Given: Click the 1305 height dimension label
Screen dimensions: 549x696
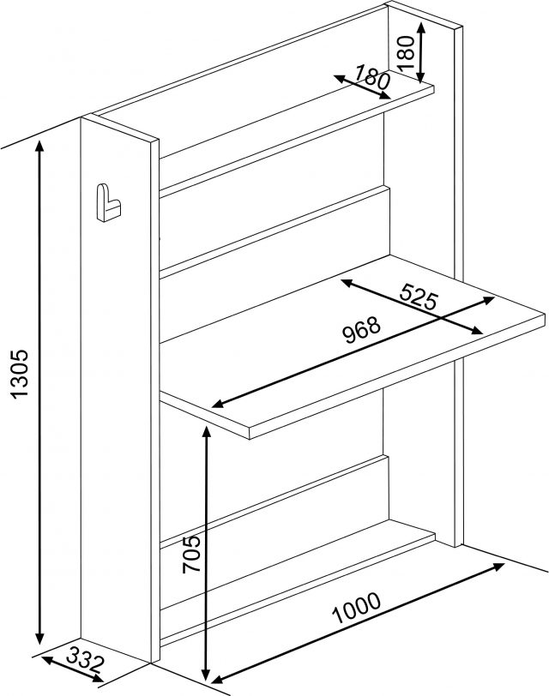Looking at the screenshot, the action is [x=20, y=374].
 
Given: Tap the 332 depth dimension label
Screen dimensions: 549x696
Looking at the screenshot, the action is [x=85, y=662].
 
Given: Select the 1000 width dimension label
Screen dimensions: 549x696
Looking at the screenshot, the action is [x=357, y=608].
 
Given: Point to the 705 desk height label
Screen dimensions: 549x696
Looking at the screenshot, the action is [x=191, y=554].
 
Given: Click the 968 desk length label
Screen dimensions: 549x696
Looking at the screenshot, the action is [x=363, y=330].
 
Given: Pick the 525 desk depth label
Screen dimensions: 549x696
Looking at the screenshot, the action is [x=419, y=297].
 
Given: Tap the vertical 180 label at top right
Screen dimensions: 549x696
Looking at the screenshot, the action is [x=406, y=53].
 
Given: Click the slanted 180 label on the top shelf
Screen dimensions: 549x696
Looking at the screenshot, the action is [x=372, y=77].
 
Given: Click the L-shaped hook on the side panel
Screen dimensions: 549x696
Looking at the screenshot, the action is [x=108, y=203].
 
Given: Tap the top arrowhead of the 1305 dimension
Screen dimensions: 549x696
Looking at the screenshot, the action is [x=40, y=146].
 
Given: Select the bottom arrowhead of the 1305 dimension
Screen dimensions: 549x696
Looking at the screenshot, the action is [x=40, y=638].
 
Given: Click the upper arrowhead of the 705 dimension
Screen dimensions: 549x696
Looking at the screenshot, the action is [x=206, y=432].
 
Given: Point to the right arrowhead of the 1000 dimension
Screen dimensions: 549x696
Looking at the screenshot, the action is [x=498, y=567].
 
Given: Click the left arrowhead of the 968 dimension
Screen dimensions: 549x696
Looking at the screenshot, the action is [x=219, y=403].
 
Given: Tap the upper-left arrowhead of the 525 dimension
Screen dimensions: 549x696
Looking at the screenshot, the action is [x=347, y=282].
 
